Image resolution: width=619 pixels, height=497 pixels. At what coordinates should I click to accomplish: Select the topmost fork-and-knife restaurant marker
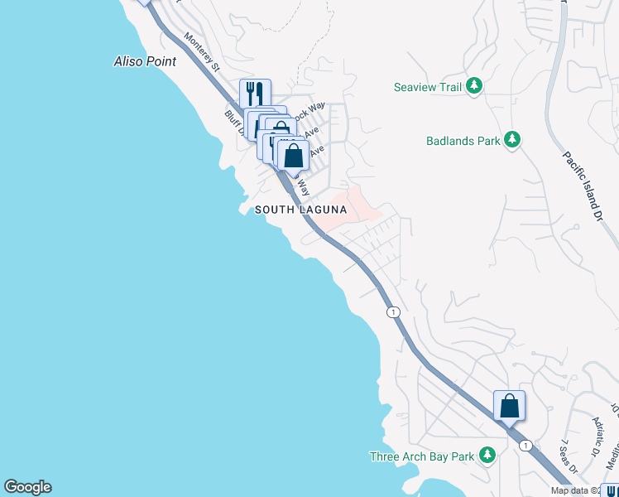pyautogui.click(x=256, y=94)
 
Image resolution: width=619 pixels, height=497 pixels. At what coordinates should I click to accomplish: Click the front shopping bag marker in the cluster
pyautogui.click(x=293, y=156)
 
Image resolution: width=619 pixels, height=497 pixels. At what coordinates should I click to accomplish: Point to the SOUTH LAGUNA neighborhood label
pyautogui.click(x=300, y=210)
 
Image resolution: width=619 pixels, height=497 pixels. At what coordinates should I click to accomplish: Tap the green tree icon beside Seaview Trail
pyautogui.click(x=474, y=85)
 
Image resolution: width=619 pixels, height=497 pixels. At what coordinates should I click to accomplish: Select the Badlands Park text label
pyautogui.click(x=463, y=141)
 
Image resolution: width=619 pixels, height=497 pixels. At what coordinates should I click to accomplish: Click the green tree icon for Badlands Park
pyautogui.click(x=513, y=141)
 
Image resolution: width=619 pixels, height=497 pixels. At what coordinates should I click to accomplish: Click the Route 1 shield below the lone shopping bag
pyautogui.click(x=525, y=446)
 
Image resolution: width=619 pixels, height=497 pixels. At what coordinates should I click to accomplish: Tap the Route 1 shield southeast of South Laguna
pyautogui.click(x=393, y=311)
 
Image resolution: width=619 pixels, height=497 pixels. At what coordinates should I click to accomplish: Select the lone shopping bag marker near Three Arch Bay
pyautogui.click(x=509, y=406)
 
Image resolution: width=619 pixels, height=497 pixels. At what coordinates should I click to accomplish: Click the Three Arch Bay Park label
pyautogui.click(x=422, y=456)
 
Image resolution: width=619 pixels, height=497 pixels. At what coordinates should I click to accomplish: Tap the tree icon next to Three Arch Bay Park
pyautogui.click(x=487, y=456)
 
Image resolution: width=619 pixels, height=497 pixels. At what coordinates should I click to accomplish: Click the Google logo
pyautogui.click(x=27, y=487)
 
